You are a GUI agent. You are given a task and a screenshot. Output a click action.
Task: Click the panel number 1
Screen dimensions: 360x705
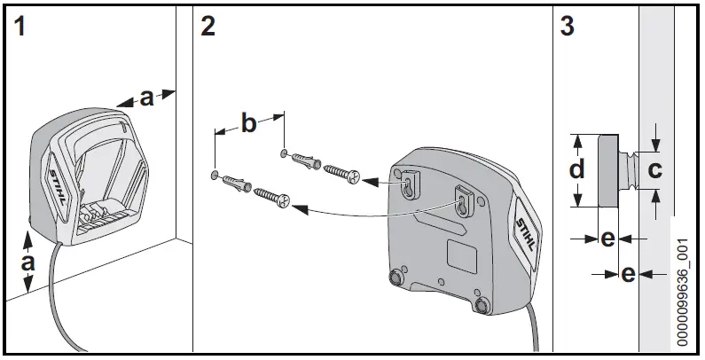point(20,26)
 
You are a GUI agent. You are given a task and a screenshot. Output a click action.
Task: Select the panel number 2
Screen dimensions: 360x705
point(208,26)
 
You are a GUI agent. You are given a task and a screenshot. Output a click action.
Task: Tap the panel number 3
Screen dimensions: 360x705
point(568,26)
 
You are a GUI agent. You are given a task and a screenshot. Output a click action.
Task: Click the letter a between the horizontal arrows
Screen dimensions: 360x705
point(146,98)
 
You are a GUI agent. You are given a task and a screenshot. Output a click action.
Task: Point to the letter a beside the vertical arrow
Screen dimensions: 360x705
point(27,262)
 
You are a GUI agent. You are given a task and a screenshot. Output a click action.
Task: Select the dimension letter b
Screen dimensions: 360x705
point(249,123)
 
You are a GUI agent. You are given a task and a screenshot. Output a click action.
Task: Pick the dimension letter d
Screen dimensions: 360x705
point(577,169)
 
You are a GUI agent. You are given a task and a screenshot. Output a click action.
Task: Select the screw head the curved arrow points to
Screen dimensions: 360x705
point(284,203)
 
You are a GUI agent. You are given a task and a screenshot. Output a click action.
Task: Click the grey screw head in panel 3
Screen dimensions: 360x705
point(608,169)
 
